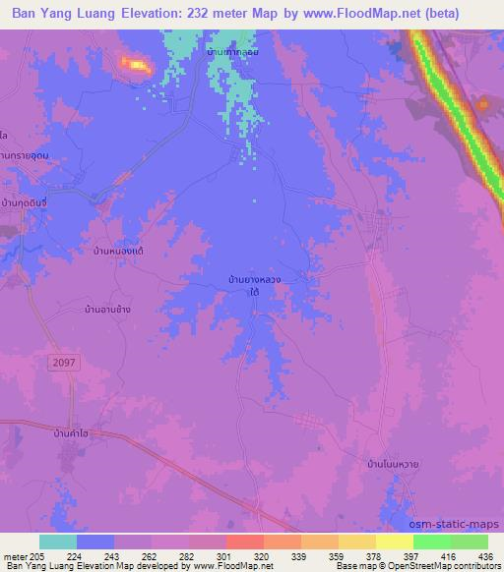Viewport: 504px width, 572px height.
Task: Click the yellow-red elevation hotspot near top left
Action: pos(134,65)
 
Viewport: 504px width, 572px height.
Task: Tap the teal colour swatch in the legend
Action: pos(58,542)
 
